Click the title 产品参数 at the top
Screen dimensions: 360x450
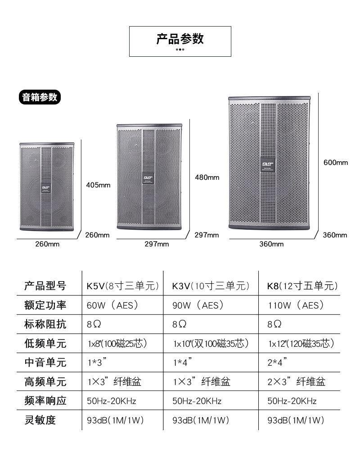tap(180, 39)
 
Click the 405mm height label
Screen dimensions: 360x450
tap(98, 185)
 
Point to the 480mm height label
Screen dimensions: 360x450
tap(207, 177)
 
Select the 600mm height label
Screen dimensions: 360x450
tap(336, 163)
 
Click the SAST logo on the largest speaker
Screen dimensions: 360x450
tap(269, 164)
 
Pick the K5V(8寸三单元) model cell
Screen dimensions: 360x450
tap(123, 286)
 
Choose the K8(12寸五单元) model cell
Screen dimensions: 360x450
tap(302, 286)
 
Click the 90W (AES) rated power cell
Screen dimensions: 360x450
tap(198, 305)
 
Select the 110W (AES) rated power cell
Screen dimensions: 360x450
tap(296, 305)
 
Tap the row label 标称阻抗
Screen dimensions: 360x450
tap(45, 324)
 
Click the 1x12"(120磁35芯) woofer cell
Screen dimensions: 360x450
tap(301, 344)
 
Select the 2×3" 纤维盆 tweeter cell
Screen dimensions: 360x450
tap(296, 382)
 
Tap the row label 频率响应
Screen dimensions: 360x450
tap(45, 401)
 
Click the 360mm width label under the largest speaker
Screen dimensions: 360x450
tap(271, 244)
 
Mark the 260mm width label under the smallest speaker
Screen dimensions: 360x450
tap(47, 244)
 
